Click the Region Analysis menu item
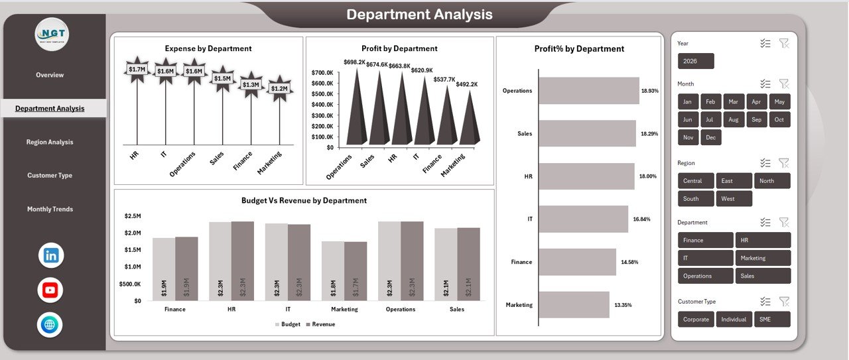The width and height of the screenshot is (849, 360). pos(50,142)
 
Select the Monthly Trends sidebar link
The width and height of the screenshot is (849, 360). pos(50,209)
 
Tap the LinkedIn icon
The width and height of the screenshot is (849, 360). pos(51,255)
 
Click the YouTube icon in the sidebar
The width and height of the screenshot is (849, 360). pos(50,290)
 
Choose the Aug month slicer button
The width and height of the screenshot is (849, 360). pos(733,120)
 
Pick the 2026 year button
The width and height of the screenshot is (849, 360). pos(696,61)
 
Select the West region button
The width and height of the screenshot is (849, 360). pos(734,198)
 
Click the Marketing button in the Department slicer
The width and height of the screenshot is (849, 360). pos(763,258)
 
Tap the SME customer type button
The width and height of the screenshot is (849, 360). pos(772,319)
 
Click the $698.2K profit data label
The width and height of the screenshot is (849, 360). pos(355,62)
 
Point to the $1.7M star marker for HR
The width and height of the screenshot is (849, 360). pos(137,70)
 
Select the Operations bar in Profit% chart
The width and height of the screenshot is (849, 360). pos(588,90)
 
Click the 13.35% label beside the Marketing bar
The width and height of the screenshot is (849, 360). pos(623,305)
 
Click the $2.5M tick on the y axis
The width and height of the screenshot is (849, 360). pos(132,216)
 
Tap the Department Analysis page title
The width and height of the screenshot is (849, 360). pos(419,15)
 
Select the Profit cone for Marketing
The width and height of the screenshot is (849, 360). pos(470,119)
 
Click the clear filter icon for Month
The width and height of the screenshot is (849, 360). pos(784,84)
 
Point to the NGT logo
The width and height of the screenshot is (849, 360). pos(52,34)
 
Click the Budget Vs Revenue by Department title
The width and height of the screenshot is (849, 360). pos(304,200)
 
